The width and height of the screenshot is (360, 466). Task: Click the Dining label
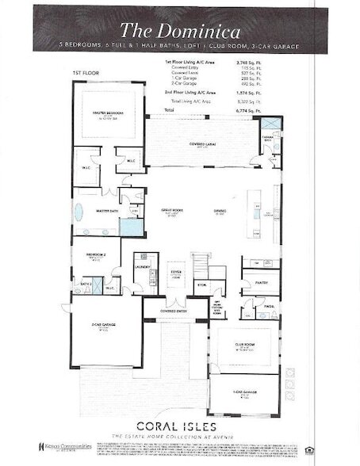220,211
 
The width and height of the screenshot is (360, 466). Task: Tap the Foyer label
176,273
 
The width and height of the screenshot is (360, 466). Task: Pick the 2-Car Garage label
105,326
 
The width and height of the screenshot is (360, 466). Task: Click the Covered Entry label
174,311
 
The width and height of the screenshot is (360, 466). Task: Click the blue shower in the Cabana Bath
271,124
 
